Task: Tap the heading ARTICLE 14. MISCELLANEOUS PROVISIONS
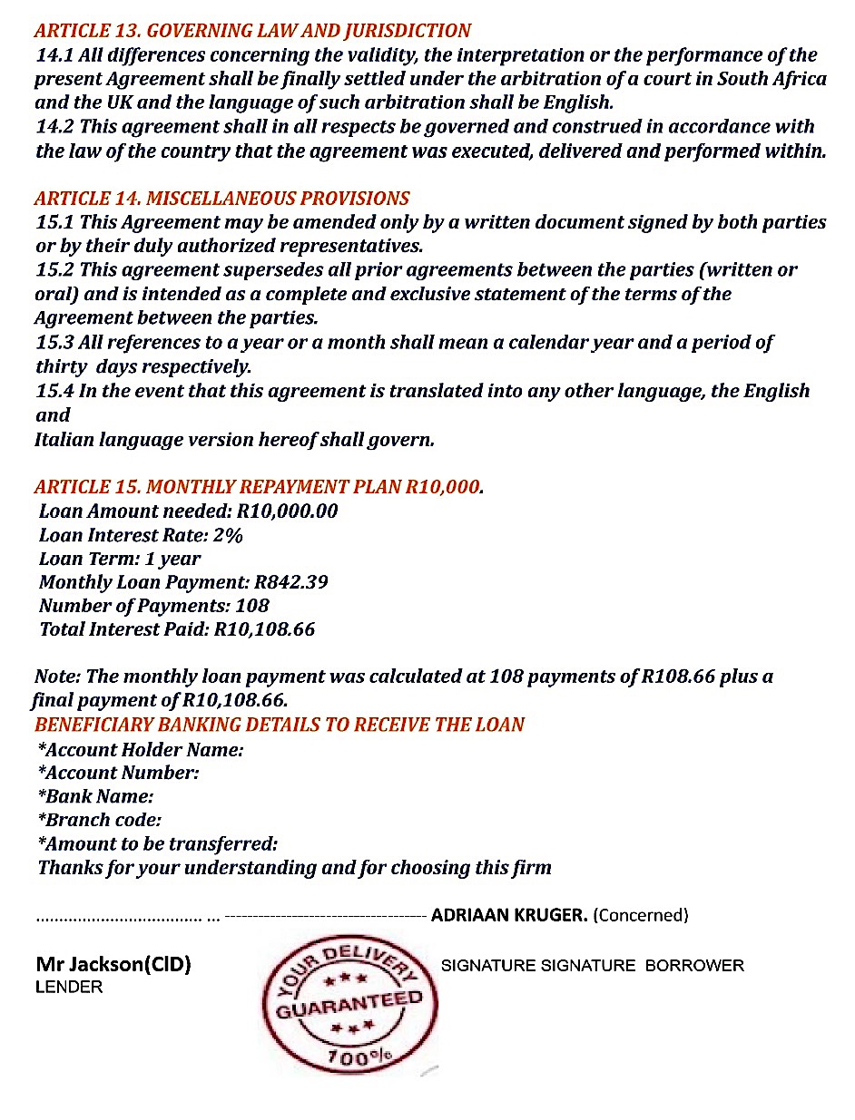tap(221, 199)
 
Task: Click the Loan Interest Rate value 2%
tap(228, 535)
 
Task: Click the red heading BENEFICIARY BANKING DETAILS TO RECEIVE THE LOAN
tap(280, 725)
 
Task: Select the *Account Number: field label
tap(118, 773)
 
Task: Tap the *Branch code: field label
tap(100, 820)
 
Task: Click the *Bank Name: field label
tap(95, 796)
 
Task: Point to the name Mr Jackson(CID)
tap(113, 965)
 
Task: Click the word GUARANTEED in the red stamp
tap(349, 1004)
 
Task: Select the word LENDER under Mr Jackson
tap(69, 987)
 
